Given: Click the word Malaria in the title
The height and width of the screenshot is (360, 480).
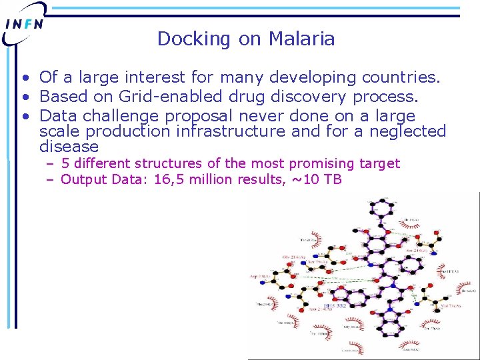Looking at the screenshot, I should point(301,39).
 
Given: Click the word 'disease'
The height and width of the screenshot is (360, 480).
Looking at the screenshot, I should point(69,147).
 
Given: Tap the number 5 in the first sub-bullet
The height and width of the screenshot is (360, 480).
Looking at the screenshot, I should point(65,163).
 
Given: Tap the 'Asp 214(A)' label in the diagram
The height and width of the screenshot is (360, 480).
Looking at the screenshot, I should point(262,275).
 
